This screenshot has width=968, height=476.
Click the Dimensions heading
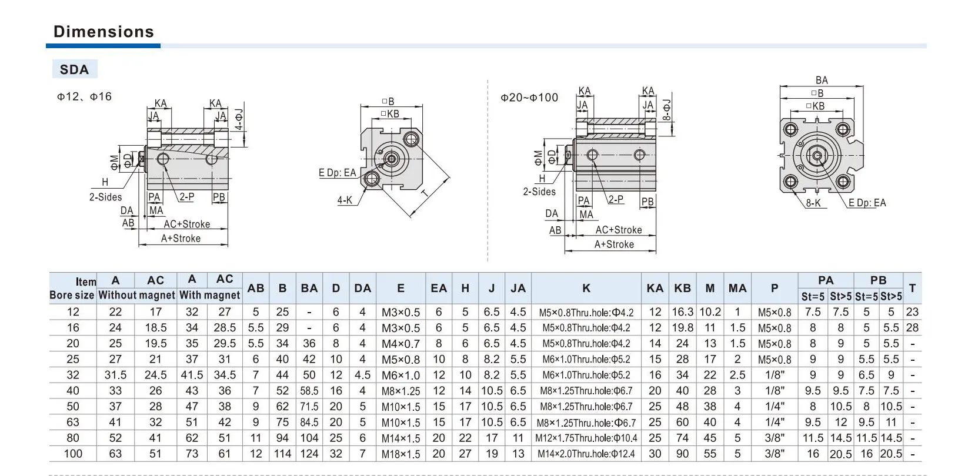pos(104,32)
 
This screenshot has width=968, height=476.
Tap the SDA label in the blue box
pos(74,69)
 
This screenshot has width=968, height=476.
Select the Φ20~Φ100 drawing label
pos(529,98)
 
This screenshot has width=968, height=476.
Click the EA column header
pos(439,288)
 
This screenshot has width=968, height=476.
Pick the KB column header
pos(682,288)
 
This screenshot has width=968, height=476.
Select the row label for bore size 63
pos(72,422)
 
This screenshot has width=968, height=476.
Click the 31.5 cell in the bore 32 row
pos(115,375)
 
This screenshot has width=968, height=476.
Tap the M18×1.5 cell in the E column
pos(400,454)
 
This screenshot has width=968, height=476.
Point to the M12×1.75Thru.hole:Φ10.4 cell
pos(586,438)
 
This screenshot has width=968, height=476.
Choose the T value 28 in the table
pos(912,327)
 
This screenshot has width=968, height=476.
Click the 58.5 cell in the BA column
pos(309,391)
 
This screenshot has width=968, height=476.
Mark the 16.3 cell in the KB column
pos(682,312)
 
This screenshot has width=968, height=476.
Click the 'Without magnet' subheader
pos(136,295)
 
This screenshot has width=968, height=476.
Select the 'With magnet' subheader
pos(209,295)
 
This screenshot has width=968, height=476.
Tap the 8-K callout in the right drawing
pos(813,203)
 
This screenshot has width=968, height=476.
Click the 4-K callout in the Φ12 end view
pos(345,200)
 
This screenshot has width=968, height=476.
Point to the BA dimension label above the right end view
pos(822,81)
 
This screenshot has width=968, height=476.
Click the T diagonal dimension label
pos(425,193)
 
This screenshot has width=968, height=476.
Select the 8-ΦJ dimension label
pos(667,110)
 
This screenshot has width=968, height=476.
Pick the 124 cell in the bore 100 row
pos(309,454)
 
